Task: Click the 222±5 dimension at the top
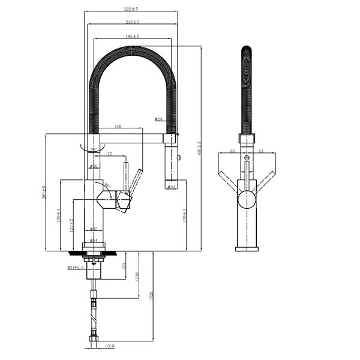131,8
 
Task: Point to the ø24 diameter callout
158,120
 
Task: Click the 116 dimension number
118,127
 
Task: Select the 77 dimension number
110,154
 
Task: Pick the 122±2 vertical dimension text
71,226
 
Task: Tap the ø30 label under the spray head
171,187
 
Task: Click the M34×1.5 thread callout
76,267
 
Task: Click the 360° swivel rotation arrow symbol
91,146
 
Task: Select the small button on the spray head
179,157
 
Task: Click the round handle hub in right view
247,199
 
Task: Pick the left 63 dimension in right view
232,152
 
